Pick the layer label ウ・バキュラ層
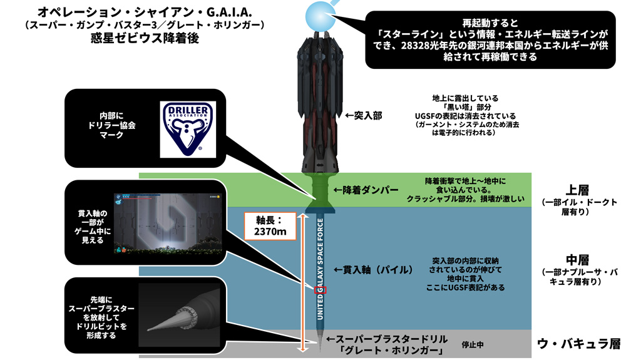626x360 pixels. (x=578, y=344)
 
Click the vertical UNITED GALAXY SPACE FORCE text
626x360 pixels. (x=320, y=270)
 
